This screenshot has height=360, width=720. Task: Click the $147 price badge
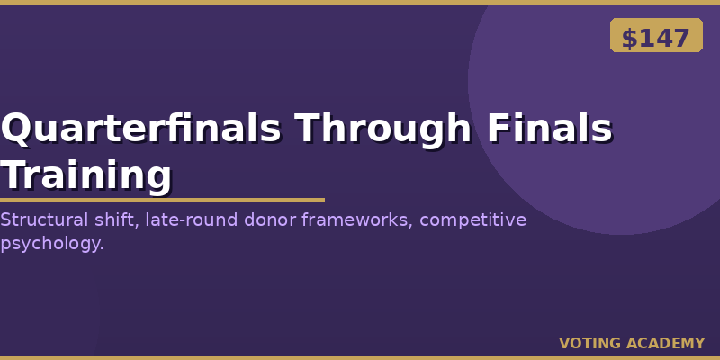[x=656, y=35]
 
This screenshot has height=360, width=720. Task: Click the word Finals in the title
[x=550, y=129]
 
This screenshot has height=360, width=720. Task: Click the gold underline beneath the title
[x=162, y=200]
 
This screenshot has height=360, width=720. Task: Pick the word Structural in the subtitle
[x=43, y=220]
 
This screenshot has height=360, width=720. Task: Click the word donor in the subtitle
[x=270, y=220]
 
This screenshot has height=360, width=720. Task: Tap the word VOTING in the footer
[x=590, y=343]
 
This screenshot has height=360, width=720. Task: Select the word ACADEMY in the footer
[x=665, y=343]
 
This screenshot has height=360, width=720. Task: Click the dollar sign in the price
[x=629, y=38]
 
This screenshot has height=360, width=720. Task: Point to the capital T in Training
[x=14, y=175]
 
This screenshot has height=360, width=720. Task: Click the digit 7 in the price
[x=681, y=38]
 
